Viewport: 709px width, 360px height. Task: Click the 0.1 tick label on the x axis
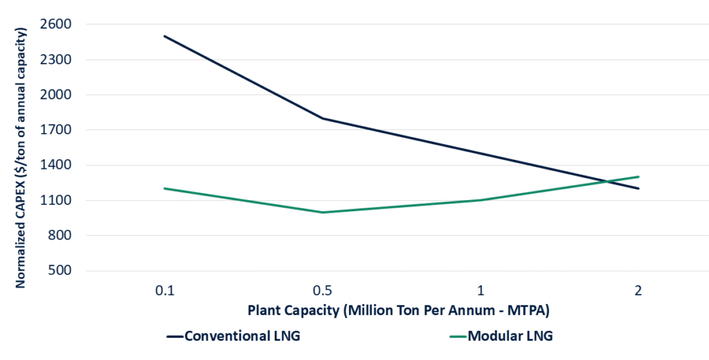click(x=164, y=290)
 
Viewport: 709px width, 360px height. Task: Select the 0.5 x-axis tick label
click(x=322, y=290)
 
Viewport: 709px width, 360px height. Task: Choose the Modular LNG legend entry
click(x=510, y=337)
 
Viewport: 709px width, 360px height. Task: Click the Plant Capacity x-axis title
click(x=400, y=311)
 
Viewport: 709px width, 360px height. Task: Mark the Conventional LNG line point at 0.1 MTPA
click(x=164, y=36)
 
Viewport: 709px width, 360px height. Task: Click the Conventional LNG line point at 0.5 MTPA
click(x=322, y=118)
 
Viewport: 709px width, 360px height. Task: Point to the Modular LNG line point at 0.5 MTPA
click(x=322, y=213)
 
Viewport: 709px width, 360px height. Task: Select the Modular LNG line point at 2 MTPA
click(x=638, y=177)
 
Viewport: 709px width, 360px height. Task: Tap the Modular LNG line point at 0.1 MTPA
click(x=164, y=188)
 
